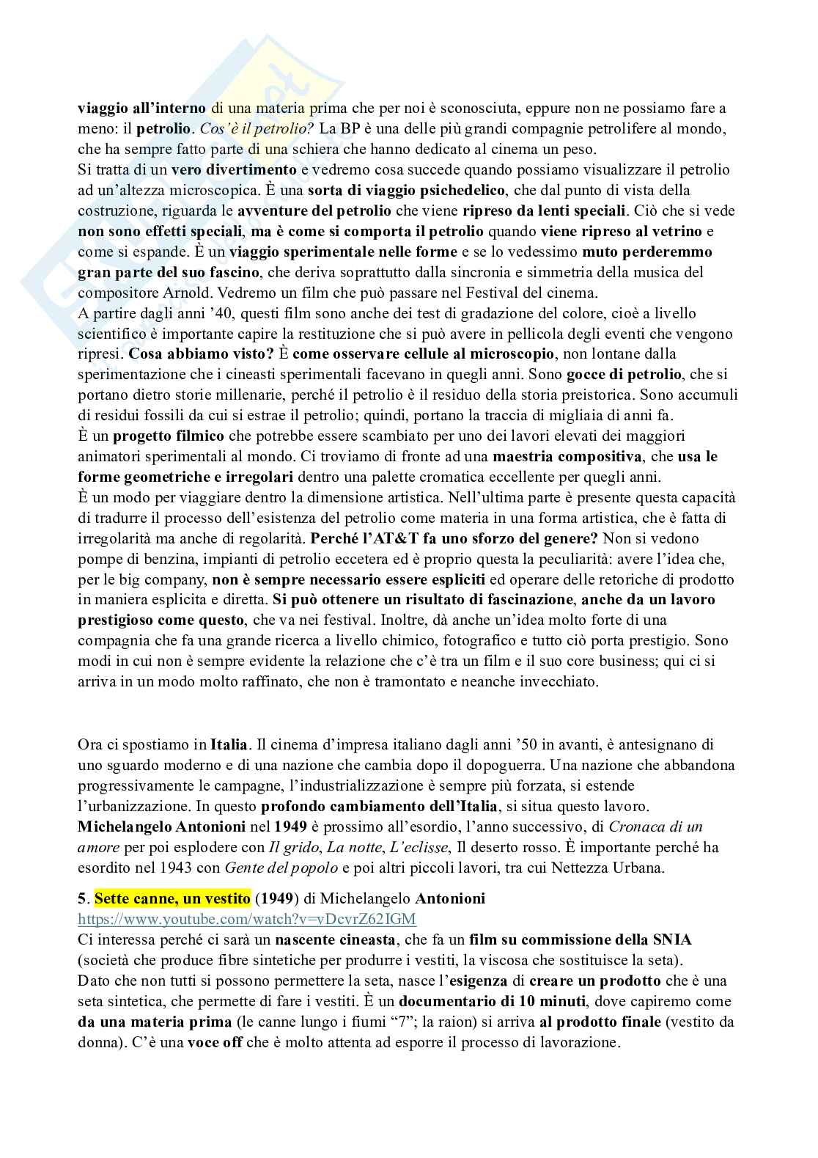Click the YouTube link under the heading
click(x=247, y=919)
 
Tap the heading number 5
click(x=82, y=898)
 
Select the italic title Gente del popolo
click(x=281, y=868)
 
